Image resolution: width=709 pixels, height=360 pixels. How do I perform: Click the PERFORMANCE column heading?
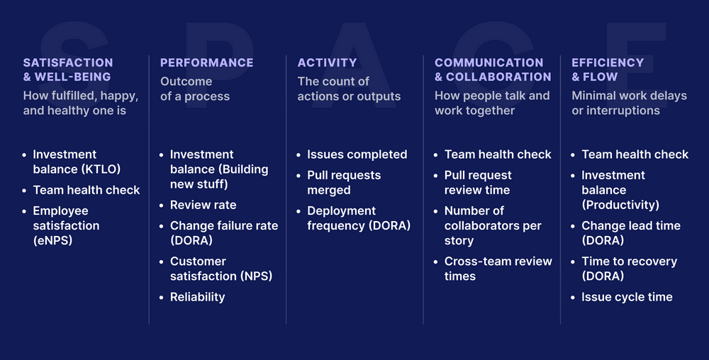206,63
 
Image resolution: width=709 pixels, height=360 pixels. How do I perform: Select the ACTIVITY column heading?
327,63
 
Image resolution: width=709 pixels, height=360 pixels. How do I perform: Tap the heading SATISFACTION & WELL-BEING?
68,69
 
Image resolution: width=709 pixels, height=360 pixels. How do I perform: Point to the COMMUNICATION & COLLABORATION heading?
492,69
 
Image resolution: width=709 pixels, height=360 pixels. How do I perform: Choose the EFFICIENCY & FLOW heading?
607,69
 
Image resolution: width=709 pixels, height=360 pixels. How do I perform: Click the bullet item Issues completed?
357,154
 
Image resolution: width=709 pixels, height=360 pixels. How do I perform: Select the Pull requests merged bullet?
344,183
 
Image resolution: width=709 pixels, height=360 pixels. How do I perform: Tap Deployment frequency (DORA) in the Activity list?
358,218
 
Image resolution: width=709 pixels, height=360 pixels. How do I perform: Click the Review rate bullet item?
203,205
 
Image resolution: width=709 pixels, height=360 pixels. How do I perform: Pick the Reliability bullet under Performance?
197,297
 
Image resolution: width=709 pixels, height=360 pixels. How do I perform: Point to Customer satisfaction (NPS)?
221,269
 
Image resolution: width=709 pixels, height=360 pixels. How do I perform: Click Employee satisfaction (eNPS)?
66,225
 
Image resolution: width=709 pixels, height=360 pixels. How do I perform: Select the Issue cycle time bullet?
627,297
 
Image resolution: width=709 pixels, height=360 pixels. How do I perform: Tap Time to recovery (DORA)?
629,269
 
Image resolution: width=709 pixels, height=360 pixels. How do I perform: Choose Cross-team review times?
498,269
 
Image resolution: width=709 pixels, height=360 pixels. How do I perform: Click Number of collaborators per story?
492,225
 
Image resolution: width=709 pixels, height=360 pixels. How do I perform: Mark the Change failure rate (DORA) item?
223,233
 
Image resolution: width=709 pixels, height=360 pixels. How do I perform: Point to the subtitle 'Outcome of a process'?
195,89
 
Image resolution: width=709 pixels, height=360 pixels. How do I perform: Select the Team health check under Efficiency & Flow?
635,154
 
